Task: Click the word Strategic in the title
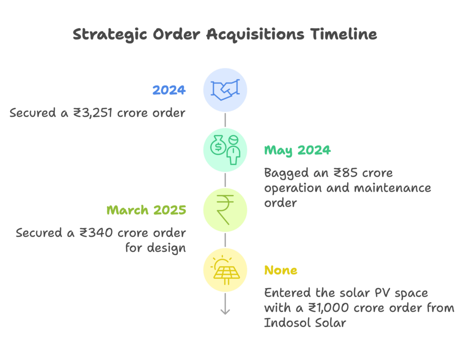click(x=110, y=34)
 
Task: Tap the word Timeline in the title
click(x=344, y=34)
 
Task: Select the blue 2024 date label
click(x=169, y=90)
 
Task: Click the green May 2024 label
click(x=297, y=150)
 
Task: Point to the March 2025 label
click(x=146, y=210)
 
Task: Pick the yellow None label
click(x=281, y=270)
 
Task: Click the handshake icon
click(x=225, y=90)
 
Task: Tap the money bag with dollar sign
click(x=218, y=145)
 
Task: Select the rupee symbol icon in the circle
click(x=225, y=210)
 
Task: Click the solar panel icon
click(x=226, y=270)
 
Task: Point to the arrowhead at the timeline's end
click(x=225, y=311)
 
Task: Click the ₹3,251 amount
click(x=93, y=113)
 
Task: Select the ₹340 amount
click(x=96, y=233)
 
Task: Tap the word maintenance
click(x=393, y=188)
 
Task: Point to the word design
click(x=166, y=248)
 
